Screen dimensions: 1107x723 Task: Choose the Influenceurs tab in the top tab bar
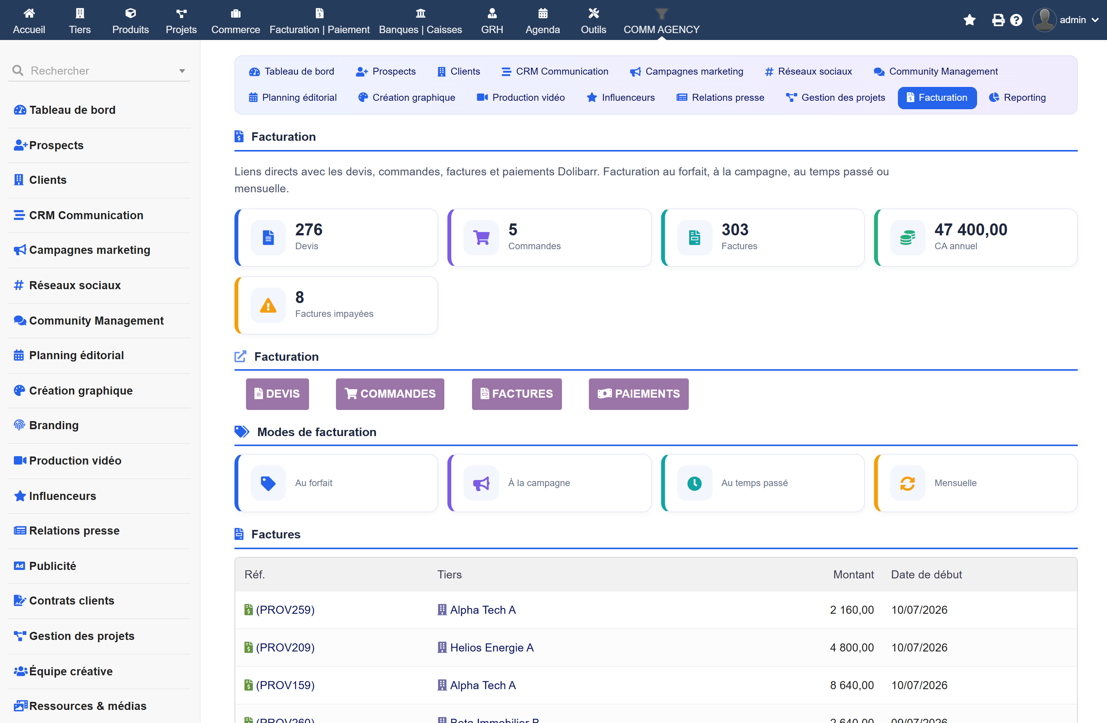(x=620, y=98)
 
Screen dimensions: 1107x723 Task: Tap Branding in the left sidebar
(x=53, y=425)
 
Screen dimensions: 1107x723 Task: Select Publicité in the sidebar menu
(x=52, y=566)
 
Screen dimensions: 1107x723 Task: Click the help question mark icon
(x=1016, y=20)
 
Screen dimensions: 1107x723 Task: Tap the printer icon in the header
(x=998, y=20)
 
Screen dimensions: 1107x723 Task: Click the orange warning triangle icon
(x=268, y=305)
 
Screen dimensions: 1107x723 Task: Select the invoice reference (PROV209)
(x=285, y=648)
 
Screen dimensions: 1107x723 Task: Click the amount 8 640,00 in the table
(x=852, y=685)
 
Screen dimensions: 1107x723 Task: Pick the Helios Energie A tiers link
(x=491, y=648)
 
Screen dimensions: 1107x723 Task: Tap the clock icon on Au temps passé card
(x=695, y=483)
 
